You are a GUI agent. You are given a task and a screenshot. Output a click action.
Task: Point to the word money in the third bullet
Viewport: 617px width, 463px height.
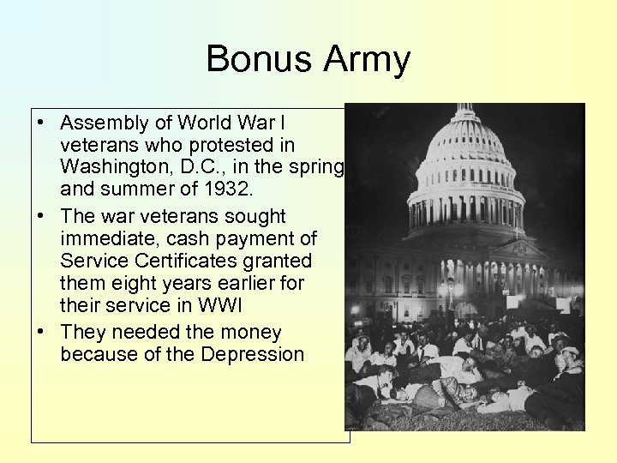(x=251, y=332)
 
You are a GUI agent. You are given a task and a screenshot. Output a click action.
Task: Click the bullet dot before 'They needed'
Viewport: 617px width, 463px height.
(x=42, y=332)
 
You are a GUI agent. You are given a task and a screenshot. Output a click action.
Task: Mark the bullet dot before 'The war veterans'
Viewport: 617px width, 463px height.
(x=42, y=216)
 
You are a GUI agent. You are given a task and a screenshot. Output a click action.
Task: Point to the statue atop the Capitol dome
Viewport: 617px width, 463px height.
(x=465, y=109)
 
